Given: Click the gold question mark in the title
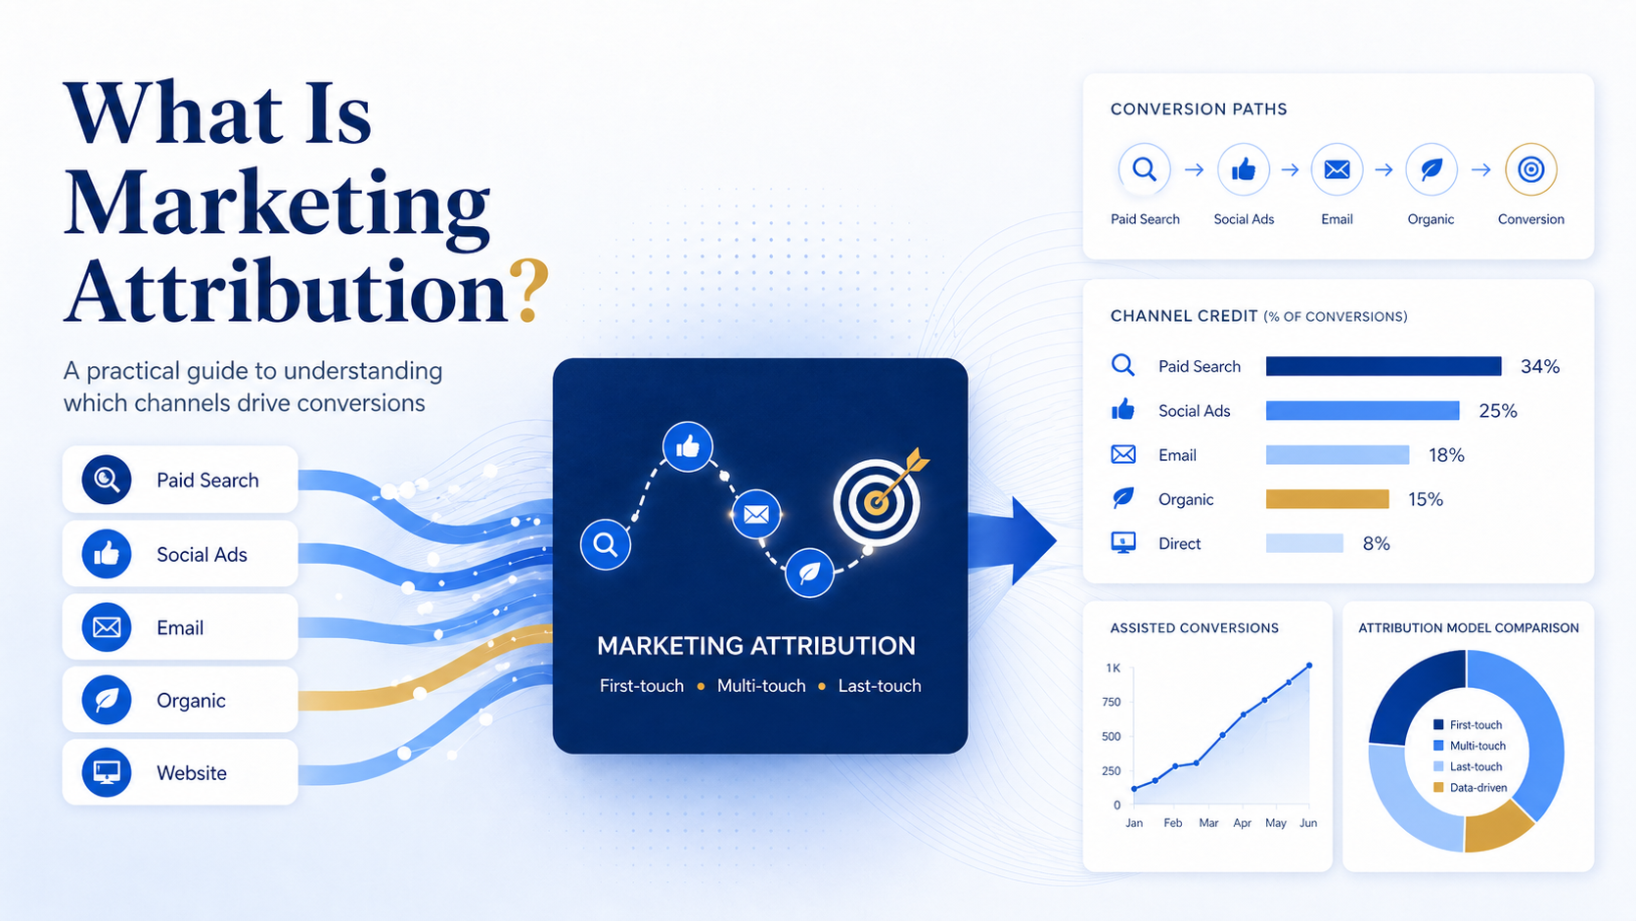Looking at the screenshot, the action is pos(528,291).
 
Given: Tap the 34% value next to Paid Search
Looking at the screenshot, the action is pos(1539,367).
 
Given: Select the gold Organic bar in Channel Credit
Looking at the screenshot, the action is pos(1327,499).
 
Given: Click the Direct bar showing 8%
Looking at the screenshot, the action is pos(1304,542).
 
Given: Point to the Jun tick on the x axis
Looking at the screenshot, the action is pos(1308,823).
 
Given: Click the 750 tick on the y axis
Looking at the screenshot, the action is pos(1111,702).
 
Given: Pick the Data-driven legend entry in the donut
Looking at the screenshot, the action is pos(1471,787).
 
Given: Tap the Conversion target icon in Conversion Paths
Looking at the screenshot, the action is pos(1531,169).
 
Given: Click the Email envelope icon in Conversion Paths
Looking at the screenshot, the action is pos(1337,169).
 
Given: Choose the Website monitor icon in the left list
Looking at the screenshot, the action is pos(107,772).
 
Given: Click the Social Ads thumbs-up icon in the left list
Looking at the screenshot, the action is pos(107,554).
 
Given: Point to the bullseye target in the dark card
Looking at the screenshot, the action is pos(876,502).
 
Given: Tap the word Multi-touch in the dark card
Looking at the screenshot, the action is pos(761,686).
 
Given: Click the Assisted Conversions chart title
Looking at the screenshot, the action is pos(1194,628).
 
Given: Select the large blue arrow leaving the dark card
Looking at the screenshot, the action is pos(1013,540).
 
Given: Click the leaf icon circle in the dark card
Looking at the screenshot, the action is pos(809,573).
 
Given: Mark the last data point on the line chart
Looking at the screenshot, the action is pos(1309,666).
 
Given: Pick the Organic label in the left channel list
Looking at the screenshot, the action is pos(191,701).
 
